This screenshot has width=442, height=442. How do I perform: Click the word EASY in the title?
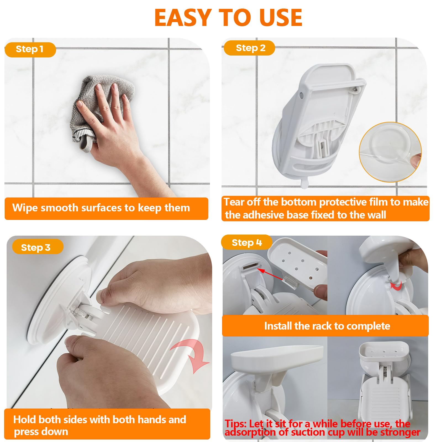[183, 18]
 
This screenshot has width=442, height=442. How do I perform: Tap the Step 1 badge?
[30, 49]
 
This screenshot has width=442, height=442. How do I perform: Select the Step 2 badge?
[250, 48]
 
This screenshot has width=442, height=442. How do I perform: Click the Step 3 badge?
[36, 247]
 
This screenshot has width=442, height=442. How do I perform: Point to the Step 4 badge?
[246, 243]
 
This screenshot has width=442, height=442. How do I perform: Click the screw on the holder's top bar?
[356, 89]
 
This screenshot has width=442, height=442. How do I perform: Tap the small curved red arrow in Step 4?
[397, 286]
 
